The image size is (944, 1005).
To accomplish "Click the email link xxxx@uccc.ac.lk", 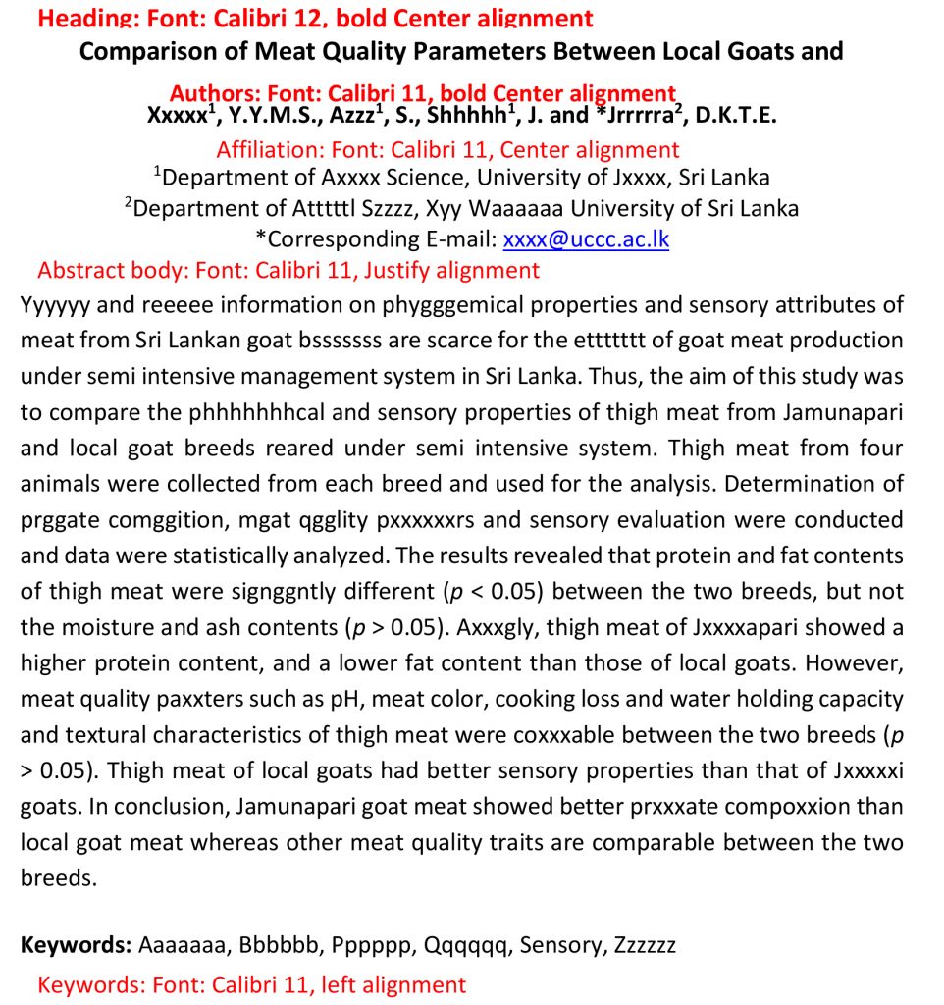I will [586, 239].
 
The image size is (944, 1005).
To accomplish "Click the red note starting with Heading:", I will [315, 19].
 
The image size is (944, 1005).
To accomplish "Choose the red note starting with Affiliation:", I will [447, 150].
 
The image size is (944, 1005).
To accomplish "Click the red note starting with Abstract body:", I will [288, 270].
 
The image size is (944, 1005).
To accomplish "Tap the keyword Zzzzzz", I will [645, 945].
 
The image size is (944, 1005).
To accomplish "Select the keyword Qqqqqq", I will [467, 945].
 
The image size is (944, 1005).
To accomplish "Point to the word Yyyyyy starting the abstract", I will [56, 305].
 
